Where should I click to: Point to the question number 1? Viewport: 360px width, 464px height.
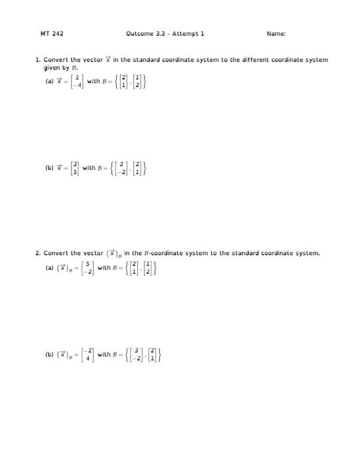[38, 60]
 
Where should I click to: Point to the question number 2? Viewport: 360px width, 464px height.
[38, 253]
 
